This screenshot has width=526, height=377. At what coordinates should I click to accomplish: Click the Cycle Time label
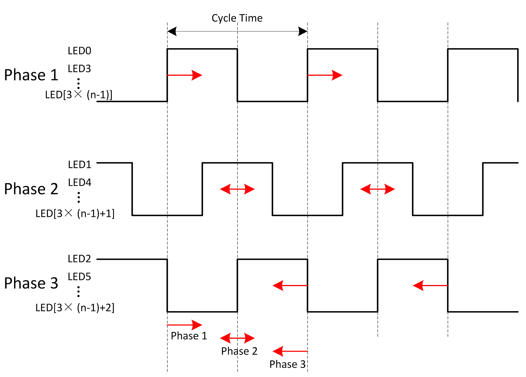coord(237,18)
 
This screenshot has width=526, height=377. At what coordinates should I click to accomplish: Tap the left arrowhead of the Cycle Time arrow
coord(172,31)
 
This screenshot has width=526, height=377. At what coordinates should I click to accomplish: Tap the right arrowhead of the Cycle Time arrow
coord(303,31)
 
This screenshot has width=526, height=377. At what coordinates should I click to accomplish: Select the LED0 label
coord(79,51)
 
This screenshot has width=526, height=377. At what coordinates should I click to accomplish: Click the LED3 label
coord(79,69)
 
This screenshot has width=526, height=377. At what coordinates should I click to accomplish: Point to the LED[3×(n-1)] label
coord(79,95)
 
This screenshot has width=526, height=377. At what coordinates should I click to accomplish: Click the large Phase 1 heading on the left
coord(31,75)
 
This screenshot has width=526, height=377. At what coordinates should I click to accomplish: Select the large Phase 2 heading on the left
coord(31,189)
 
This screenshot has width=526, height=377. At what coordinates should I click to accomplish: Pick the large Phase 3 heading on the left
coord(31,283)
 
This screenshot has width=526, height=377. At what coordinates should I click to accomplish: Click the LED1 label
coord(80,165)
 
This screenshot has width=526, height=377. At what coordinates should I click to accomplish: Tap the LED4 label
coord(80,183)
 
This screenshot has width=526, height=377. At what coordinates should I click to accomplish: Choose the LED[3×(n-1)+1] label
coord(75,214)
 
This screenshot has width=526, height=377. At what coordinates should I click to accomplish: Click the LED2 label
coord(79,259)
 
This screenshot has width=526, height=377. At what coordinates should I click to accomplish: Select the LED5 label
coord(79,277)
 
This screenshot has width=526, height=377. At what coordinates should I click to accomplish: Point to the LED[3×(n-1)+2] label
coord(75,308)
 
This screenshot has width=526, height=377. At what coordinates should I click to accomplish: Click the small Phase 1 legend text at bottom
coord(189,336)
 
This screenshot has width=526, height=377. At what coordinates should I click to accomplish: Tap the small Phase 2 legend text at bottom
coord(239,351)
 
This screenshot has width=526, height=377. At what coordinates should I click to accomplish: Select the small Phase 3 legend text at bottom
coord(287,364)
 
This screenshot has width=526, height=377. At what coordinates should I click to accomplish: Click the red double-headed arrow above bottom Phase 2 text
coord(237,338)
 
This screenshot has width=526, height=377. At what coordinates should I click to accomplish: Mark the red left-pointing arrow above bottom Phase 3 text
coord(290,351)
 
